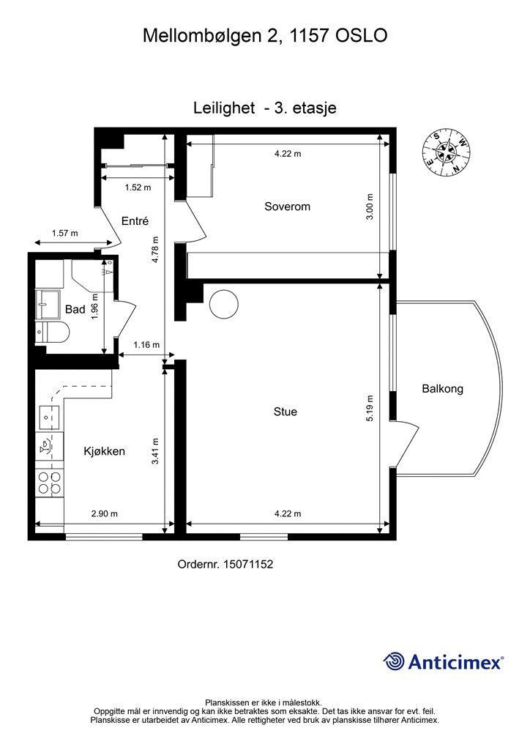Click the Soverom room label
pos(287,207)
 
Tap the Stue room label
pos(285,412)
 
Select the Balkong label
pos(443,389)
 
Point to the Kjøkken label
pos(104,451)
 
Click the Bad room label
pos(75,310)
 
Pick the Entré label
pos(135,220)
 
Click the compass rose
pos(447,152)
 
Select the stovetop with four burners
pos(50,483)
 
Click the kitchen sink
pos(49,417)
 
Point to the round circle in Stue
pos(224,304)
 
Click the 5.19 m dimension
pos(370,408)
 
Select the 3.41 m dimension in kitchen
pos(155,451)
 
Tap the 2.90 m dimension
pos(104,513)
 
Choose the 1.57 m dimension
pos(64,234)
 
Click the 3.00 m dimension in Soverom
pos(370,206)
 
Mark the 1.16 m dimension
pos(146,344)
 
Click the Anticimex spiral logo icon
pos(395,661)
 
